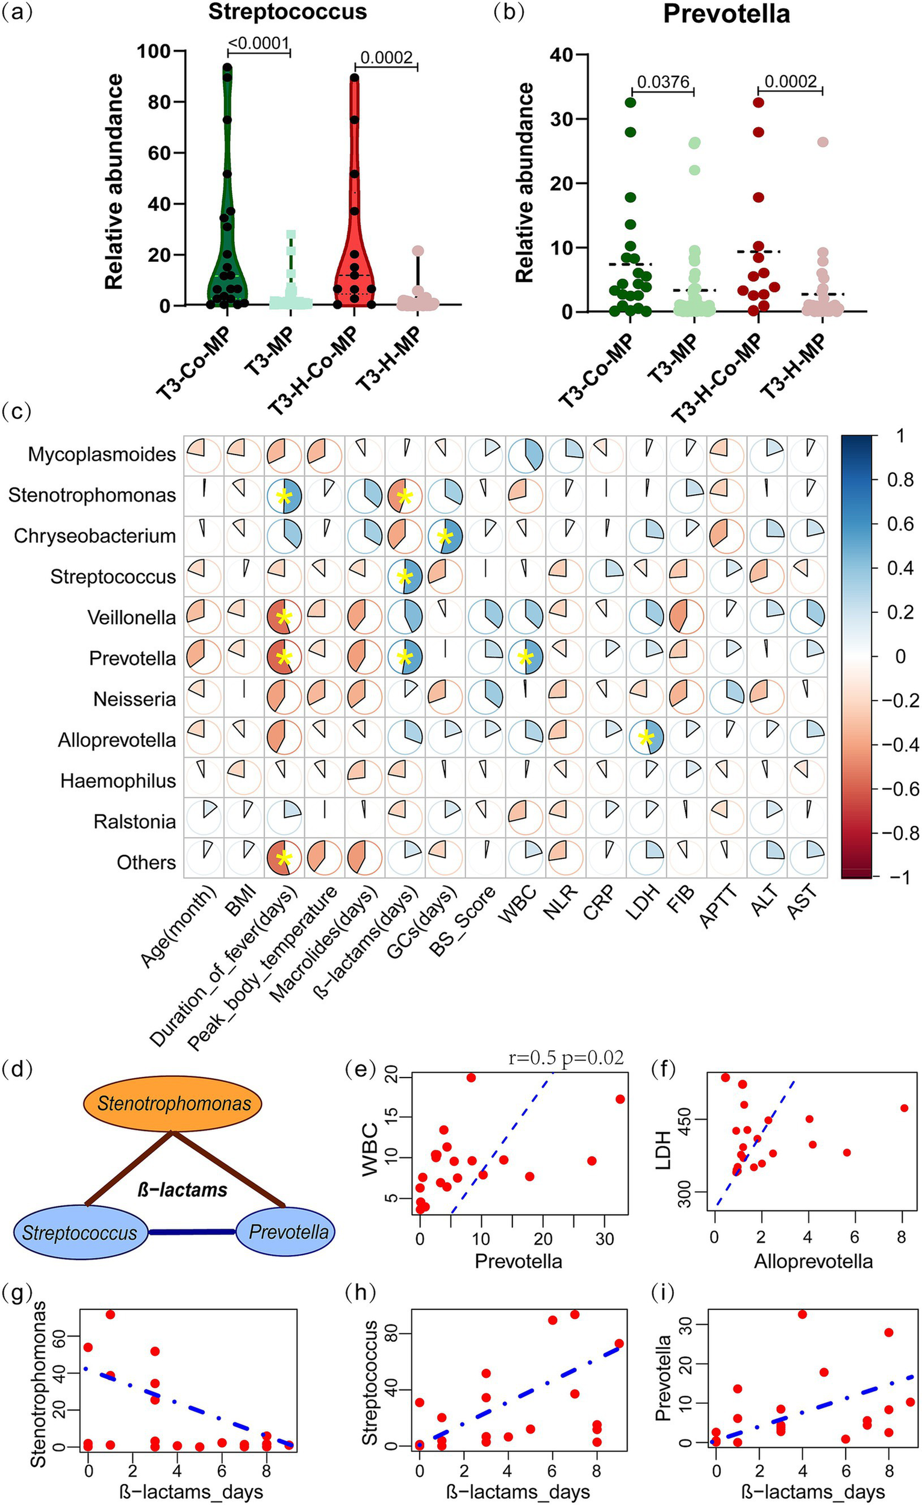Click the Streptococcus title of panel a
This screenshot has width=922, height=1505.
(288, 12)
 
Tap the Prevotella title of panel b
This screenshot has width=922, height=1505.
(726, 14)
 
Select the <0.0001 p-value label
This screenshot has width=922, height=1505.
(258, 43)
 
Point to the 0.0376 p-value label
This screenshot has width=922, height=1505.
(663, 82)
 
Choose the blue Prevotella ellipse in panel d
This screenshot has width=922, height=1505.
(288, 1214)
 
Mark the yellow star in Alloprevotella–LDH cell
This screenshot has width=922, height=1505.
(645, 739)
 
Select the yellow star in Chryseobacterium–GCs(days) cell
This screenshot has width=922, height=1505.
(445, 536)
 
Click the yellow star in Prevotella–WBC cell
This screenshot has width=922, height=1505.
(525, 658)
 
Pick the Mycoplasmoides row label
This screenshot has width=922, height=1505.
(101, 455)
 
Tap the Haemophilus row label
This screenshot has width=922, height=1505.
(118, 781)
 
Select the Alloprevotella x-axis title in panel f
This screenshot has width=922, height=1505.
(812, 1261)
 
